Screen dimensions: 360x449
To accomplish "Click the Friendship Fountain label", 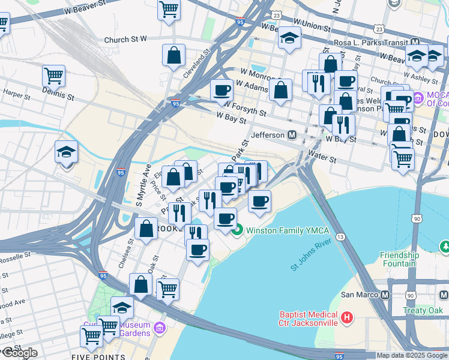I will (x=399, y=259).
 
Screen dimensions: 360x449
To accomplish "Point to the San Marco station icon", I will (x=385, y=295).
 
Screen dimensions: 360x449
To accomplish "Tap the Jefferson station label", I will (x=268, y=135).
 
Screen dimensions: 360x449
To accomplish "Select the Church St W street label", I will (x=125, y=40).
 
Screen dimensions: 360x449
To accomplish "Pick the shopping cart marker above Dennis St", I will (x=54, y=76).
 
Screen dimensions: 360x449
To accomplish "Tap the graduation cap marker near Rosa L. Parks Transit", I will (x=289, y=39).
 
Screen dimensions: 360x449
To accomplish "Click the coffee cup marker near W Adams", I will (x=221, y=90).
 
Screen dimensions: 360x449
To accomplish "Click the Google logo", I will (x=19, y=353).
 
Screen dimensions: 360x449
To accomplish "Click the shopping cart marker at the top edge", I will (x=169, y=9).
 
